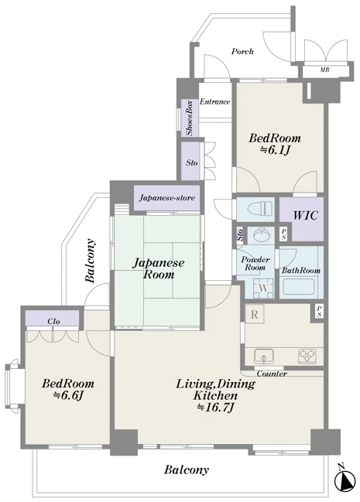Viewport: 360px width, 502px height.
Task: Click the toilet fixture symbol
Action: (259, 209)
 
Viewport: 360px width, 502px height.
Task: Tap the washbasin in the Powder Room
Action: (261, 235)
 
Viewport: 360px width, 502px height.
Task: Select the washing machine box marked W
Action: (263, 288)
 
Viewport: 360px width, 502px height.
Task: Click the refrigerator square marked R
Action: (255, 314)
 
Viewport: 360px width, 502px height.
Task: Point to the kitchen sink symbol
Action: (264, 356)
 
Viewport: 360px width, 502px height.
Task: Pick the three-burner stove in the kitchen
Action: (307, 356)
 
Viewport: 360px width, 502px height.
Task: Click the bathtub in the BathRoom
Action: (298, 287)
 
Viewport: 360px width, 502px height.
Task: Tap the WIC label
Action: (305, 215)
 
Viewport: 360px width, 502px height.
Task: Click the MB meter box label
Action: (324, 70)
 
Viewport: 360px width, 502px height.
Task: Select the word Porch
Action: (242, 51)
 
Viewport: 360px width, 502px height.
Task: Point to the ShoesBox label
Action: (190, 118)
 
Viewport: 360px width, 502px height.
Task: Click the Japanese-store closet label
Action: (167, 198)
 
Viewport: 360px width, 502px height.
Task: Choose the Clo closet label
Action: (53, 321)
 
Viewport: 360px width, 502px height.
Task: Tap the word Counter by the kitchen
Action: (272, 374)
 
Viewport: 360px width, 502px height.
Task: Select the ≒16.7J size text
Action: (215, 408)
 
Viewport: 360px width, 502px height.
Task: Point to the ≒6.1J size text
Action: (275, 150)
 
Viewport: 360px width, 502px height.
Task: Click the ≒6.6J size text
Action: (68, 395)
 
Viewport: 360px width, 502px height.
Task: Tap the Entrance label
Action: (214, 102)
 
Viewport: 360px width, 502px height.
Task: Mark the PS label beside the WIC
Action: (283, 234)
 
